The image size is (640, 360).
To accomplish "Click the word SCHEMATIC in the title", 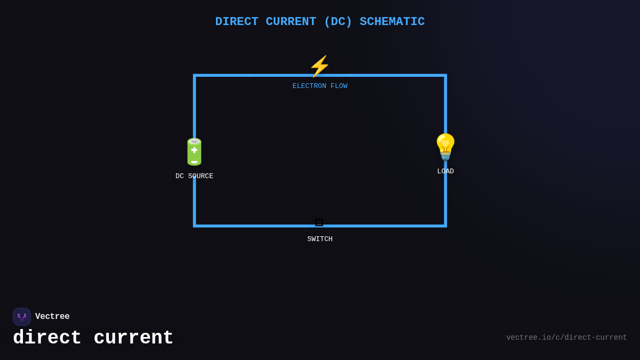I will click(x=392, y=22).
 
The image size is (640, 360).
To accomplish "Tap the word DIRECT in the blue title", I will click(x=237, y=22).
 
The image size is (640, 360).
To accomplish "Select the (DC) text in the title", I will click(x=338, y=22).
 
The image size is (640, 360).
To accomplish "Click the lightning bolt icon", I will click(x=319, y=67).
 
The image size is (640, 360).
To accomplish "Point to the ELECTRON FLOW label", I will click(x=320, y=86).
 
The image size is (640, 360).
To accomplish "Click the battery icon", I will click(x=194, y=152).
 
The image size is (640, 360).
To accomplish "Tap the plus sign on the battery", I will click(x=194, y=150).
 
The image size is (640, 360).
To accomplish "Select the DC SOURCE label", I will click(x=194, y=177).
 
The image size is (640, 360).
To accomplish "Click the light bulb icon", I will click(x=445, y=147).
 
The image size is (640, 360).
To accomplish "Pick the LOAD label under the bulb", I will click(x=445, y=172).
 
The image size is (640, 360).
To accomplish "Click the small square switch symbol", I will click(x=319, y=222).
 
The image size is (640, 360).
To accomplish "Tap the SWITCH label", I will click(x=320, y=239).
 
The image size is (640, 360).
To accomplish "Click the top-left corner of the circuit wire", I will click(x=195, y=76).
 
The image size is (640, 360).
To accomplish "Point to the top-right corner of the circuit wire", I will click(x=445, y=76).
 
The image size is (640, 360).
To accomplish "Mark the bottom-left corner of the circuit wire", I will click(x=195, y=226).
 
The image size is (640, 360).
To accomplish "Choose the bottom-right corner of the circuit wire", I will click(x=445, y=226).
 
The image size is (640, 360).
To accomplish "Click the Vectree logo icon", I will click(x=22, y=317).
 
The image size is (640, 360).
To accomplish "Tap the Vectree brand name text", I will click(x=52, y=317).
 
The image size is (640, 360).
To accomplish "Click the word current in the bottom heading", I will click(x=133, y=338).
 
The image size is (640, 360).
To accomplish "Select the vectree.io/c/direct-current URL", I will click(x=566, y=338).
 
